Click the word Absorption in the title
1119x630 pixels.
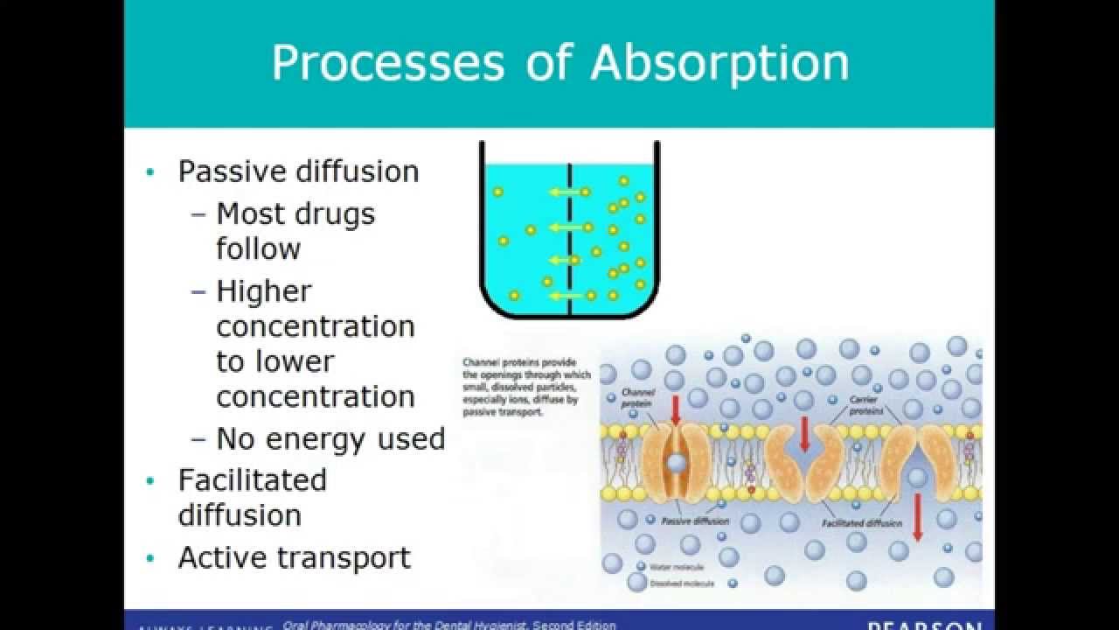tap(719, 63)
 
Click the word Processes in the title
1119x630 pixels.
tap(387, 63)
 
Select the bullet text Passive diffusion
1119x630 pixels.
tap(298, 171)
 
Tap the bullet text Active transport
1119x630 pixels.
tap(294, 557)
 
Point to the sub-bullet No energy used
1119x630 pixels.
tap(330, 438)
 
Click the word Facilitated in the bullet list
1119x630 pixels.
tap(252, 479)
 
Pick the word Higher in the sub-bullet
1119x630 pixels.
tap(263, 290)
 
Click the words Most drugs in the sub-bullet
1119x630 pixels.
tap(295, 213)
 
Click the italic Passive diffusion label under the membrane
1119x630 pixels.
tap(695, 521)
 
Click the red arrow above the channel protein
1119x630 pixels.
tap(674, 409)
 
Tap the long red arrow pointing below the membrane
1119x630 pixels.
tap(917, 517)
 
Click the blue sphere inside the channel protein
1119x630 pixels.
tap(676, 461)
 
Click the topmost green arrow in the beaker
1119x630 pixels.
tap(563, 192)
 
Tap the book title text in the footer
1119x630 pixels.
tap(449, 625)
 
